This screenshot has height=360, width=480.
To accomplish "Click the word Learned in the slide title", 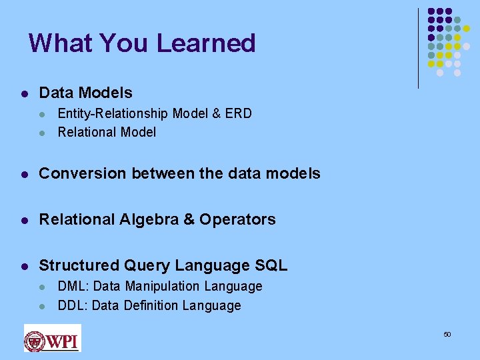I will pos(206,43).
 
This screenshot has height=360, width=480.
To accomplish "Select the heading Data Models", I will pos(86,93).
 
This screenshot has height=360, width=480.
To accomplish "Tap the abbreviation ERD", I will pos(239,113).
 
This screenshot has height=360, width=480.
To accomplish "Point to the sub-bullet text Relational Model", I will pos(107,132).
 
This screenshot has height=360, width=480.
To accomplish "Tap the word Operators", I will pos(237,219).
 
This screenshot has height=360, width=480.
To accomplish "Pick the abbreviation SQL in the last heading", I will pos(271,265).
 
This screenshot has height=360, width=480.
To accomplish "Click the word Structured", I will pos(79,265).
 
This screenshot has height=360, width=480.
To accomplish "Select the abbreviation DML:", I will pos(73,286).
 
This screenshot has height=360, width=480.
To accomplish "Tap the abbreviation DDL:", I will pos(73,305).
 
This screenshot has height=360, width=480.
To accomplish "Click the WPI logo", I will pos(52,338).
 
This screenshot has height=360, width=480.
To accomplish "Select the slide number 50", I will pos(447,334).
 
